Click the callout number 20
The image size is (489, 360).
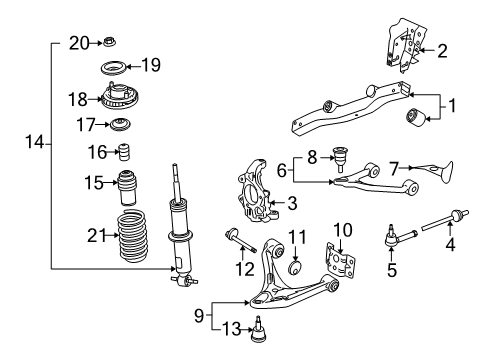click(x=79, y=42)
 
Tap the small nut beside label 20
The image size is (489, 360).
click(x=111, y=42)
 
